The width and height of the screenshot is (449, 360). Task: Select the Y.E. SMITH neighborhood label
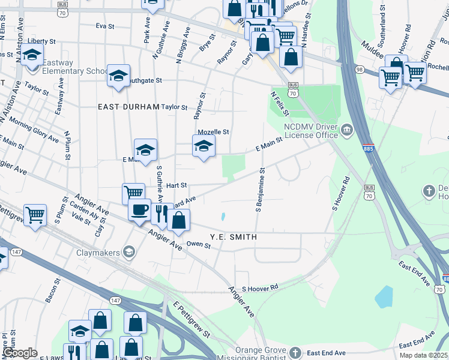234,238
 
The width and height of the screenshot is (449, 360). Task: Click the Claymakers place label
99,252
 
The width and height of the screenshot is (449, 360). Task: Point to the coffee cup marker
139,210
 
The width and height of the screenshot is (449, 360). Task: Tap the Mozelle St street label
214,132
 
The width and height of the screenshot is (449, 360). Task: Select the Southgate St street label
144,80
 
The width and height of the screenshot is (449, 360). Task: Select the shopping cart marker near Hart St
133,193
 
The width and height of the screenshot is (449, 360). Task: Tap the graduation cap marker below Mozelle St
203,146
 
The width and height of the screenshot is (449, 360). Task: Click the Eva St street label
105,26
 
